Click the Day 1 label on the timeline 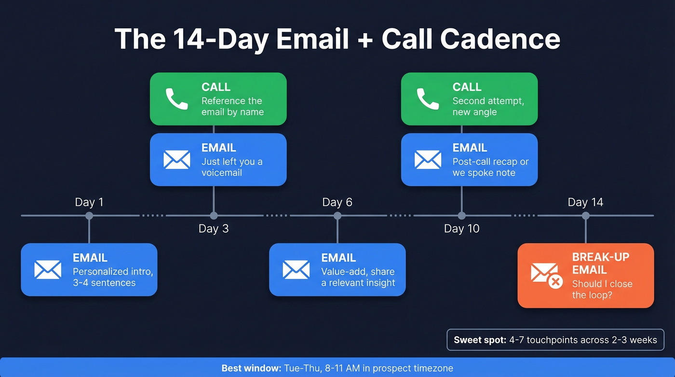(89, 202)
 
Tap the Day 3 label (214, 228)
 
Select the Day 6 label (337, 202)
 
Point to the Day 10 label (461, 228)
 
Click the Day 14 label (585, 202)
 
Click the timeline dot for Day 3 (214, 215)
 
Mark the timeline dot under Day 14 (585, 215)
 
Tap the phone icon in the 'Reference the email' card (176, 99)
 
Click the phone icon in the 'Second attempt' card (428, 99)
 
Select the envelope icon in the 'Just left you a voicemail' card (176, 160)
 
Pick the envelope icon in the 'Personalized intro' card (48, 269)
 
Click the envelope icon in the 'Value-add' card (296, 269)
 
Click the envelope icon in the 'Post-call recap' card (428, 160)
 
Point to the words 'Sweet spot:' (479, 340)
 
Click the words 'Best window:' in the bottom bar (251, 368)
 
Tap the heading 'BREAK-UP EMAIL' (601, 263)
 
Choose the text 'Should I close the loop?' (602, 289)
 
